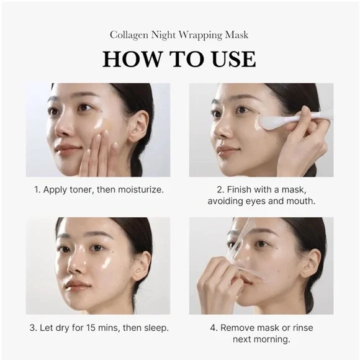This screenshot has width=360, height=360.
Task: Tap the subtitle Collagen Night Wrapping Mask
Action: [179, 35]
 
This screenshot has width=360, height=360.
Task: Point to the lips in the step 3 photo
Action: [78, 286]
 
